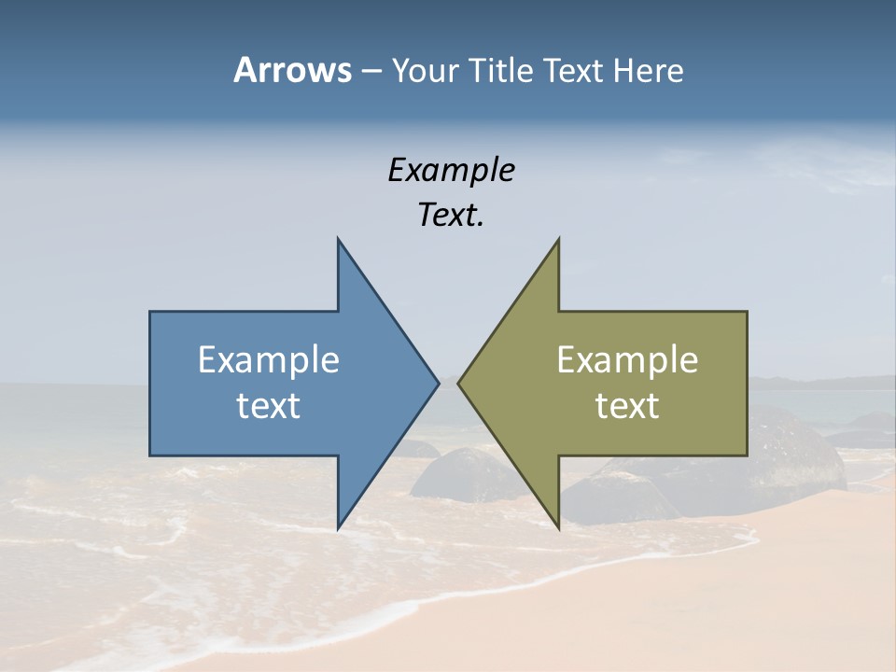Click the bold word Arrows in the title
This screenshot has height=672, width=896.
[x=291, y=70]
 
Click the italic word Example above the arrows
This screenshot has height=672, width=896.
[x=451, y=170]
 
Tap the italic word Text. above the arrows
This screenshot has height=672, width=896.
[x=451, y=216]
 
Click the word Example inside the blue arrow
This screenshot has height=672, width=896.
[x=269, y=359]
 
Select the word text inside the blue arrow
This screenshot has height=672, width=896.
[x=269, y=406]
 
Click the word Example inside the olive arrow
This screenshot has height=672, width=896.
[x=627, y=359]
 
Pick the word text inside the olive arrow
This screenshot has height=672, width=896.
[x=627, y=406]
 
